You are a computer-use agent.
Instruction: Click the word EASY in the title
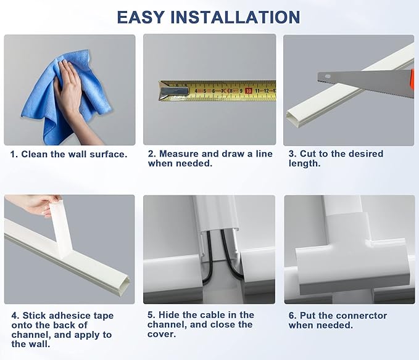[140, 17]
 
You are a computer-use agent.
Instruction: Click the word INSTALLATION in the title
[235, 17]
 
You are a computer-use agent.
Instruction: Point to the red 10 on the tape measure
[249, 91]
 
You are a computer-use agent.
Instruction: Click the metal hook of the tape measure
[173, 91]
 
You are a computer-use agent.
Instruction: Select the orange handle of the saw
[412, 80]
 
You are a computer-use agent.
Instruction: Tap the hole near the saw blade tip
[328, 76]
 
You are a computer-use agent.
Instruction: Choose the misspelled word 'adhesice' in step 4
[56, 316]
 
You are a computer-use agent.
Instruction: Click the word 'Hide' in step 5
[168, 315]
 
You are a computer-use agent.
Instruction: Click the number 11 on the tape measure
[257, 91]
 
